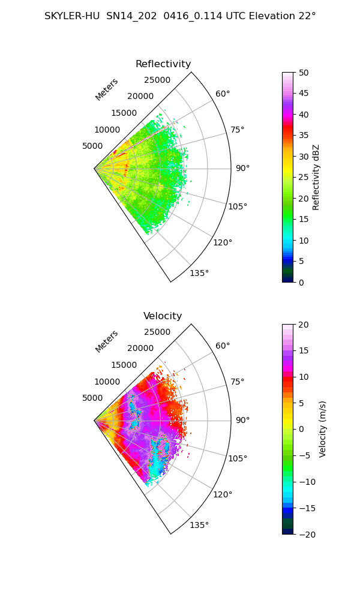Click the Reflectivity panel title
tap(163, 64)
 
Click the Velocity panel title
tap(163, 316)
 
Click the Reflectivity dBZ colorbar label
tap(316, 177)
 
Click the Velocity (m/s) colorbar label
tap(323, 429)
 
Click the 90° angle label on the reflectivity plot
tap(242, 168)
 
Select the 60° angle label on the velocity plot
tap(223, 346)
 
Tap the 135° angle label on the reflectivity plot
tap(199, 273)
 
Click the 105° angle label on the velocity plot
tap(238, 458)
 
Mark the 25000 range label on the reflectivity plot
tap(157, 80)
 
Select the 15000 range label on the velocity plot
tap(124, 365)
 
